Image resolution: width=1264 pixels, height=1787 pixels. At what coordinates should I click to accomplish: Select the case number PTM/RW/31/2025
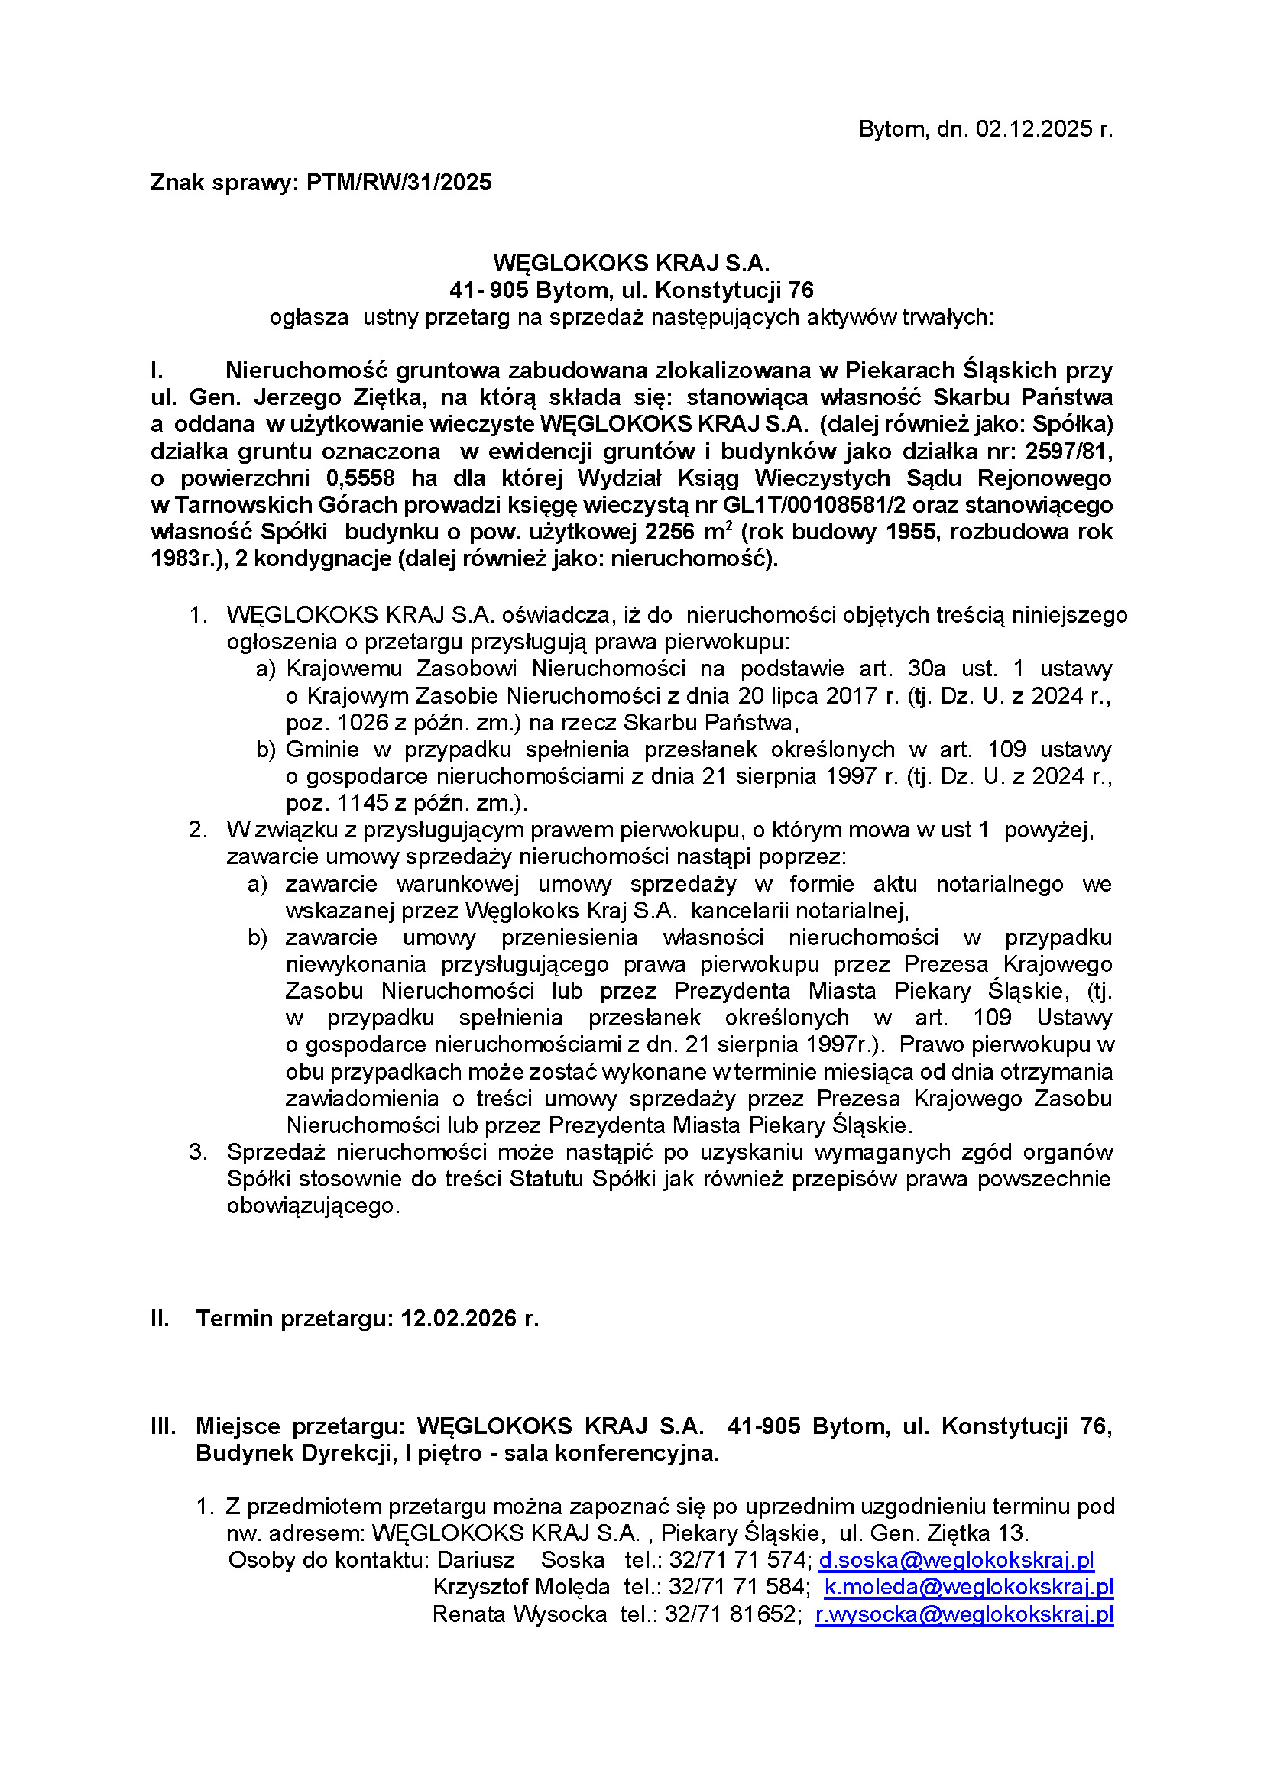[399, 183]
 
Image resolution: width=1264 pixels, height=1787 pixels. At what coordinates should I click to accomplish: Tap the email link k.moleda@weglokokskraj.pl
[969, 1587]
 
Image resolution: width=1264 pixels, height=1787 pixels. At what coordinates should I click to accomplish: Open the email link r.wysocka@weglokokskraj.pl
[964, 1614]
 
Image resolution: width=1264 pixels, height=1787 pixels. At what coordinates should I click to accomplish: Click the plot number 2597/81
[1068, 452]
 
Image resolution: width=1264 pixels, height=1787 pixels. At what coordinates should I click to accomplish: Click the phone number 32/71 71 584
[739, 1587]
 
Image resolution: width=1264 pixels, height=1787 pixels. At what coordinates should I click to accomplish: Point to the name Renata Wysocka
[519, 1614]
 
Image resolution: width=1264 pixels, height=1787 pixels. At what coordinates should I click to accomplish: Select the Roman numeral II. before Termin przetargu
[160, 1319]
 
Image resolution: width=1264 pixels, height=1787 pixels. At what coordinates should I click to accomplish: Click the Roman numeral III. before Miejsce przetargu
[164, 1426]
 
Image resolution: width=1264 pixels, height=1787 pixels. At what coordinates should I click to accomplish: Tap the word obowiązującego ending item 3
[312, 1206]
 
